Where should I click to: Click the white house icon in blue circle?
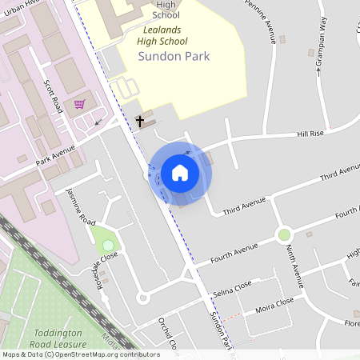[180, 173]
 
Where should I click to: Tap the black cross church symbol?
[140, 122]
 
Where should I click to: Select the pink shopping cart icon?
[79, 104]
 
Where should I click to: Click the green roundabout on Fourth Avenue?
[283, 234]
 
